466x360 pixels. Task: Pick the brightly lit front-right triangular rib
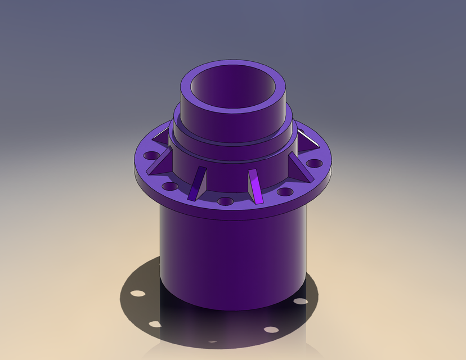coord(256,186)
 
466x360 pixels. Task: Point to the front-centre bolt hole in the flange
coord(225,201)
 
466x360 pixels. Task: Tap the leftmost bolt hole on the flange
coord(150,155)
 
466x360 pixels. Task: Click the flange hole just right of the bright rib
coord(285,192)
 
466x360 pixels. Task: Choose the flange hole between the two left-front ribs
coord(169,186)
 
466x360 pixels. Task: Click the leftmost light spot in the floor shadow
coord(136,294)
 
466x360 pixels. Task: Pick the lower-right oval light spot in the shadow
coord(271,330)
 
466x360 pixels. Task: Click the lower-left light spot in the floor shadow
coord(154,323)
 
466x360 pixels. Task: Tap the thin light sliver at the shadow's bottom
coord(213,340)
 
